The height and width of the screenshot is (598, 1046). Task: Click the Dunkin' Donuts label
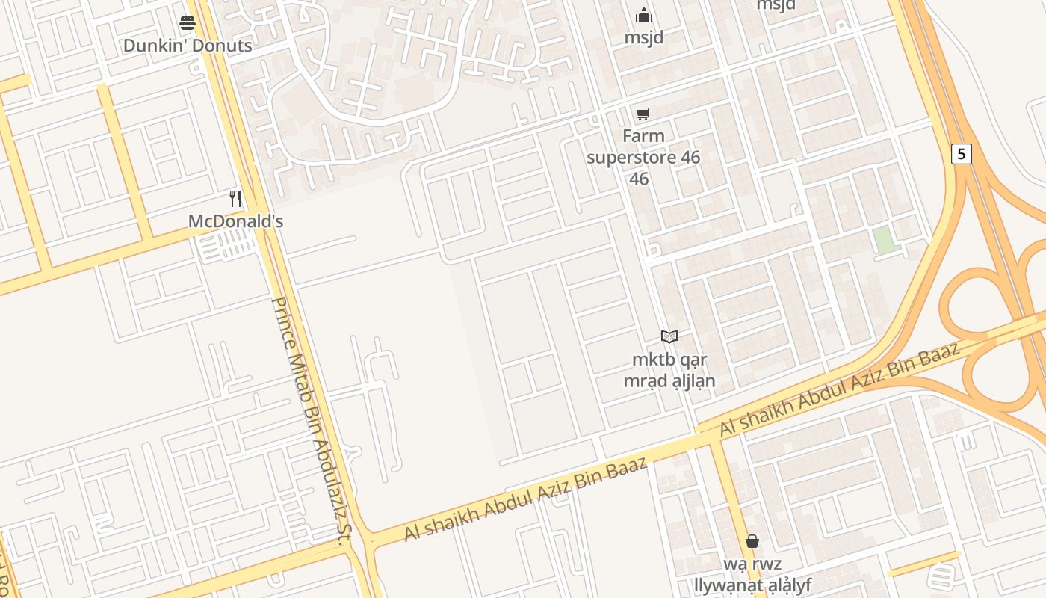(x=188, y=46)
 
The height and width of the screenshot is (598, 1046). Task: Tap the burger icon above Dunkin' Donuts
(x=188, y=23)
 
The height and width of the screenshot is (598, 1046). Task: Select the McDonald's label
(x=235, y=221)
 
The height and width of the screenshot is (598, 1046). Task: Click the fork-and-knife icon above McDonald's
(x=235, y=198)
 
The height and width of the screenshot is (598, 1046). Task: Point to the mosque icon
(x=643, y=15)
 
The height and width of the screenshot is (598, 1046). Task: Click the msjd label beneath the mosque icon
(x=643, y=37)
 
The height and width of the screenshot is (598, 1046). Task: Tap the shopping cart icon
(x=643, y=114)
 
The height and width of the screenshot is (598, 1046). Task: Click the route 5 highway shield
(x=961, y=154)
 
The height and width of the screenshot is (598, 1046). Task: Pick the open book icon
(x=669, y=337)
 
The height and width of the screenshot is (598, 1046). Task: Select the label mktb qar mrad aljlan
(x=669, y=370)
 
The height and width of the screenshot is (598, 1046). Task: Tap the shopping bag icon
(x=752, y=541)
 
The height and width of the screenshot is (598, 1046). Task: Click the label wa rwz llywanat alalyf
(x=752, y=574)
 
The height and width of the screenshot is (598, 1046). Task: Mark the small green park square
(x=884, y=240)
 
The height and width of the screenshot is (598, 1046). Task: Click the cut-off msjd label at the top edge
(x=776, y=5)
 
